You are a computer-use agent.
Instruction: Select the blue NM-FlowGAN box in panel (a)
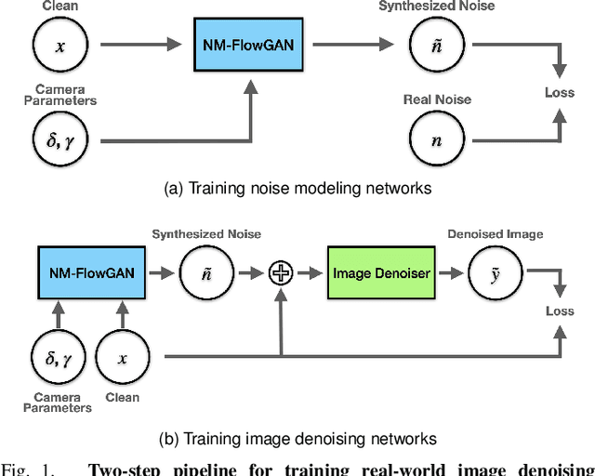click(x=250, y=45)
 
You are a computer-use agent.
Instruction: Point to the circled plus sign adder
click(x=281, y=272)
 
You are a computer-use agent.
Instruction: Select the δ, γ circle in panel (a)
click(x=60, y=140)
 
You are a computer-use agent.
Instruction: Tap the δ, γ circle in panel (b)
click(x=59, y=357)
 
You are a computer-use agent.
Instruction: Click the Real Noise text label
click(x=436, y=99)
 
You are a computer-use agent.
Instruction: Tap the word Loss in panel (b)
click(x=560, y=311)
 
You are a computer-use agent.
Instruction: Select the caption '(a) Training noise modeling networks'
click(x=297, y=188)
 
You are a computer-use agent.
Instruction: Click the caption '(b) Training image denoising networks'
click(x=297, y=438)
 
